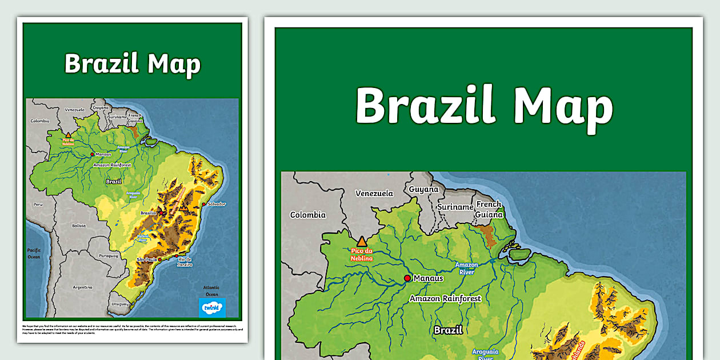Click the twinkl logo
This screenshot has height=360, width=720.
click(x=212, y=307)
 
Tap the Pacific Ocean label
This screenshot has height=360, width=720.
click(x=34, y=253)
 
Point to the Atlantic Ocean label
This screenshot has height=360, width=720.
click(x=211, y=291)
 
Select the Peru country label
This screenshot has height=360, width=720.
click(x=38, y=204)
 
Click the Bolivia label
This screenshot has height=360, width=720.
click(x=78, y=226)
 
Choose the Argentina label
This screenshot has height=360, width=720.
click(x=82, y=287)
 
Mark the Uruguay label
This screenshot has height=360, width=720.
click(x=119, y=303)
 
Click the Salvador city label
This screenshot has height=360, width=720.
click(x=217, y=204)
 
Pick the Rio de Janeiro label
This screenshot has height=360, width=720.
click(x=184, y=262)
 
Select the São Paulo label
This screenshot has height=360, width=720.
click(x=147, y=260)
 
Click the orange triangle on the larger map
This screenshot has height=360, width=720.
click(x=361, y=242)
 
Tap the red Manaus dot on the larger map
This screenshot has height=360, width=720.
click(x=407, y=278)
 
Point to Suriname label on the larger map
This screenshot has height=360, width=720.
click(x=455, y=207)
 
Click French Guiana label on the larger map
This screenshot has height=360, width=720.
click(x=490, y=209)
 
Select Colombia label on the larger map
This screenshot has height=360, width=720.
click(x=308, y=215)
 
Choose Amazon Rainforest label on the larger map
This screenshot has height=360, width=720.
click(x=445, y=298)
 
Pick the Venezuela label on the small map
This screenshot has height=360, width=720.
click(x=74, y=109)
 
